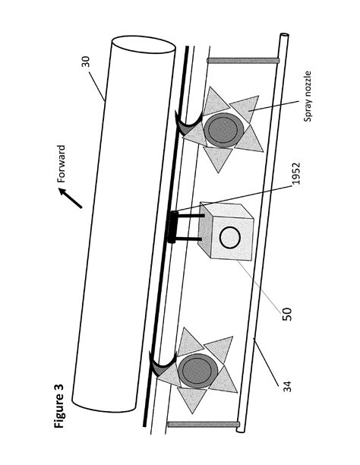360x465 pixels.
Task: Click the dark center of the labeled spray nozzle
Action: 223,129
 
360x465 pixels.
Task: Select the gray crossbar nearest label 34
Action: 193,423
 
